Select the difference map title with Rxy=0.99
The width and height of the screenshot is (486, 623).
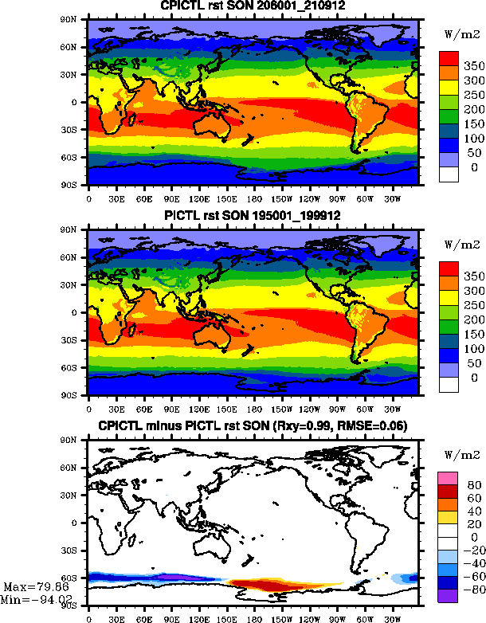tap(253, 427)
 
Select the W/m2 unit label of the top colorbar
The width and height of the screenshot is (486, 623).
tap(458, 34)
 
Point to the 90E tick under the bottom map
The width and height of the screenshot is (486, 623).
tap(170, 618)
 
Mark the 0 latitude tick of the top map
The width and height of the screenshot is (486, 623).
tap(77, 102)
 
